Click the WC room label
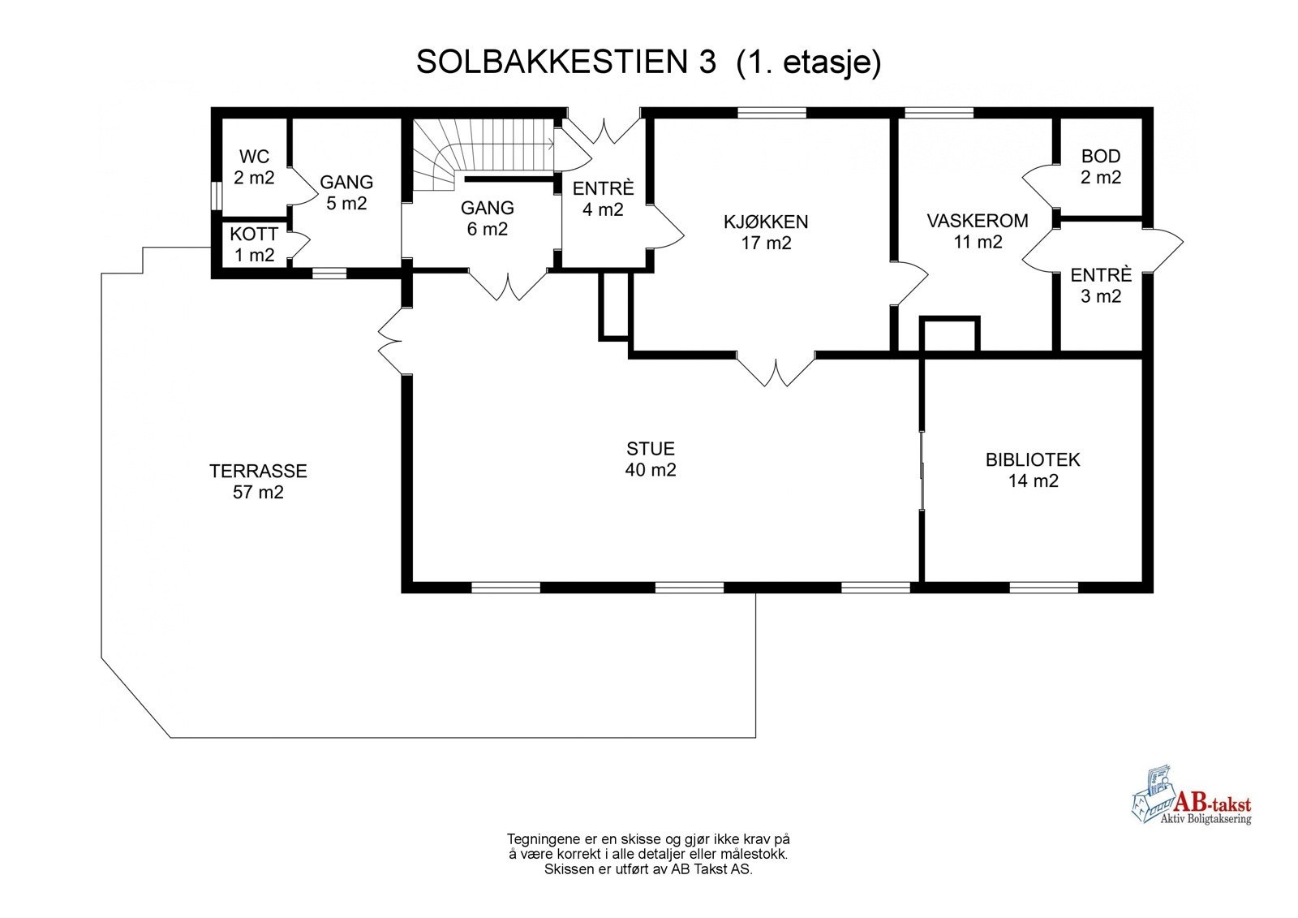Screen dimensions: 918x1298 [254, 166]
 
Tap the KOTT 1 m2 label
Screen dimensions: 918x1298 [254, 244]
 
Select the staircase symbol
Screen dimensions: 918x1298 [479, 154]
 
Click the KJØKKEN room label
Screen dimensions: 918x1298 [766, 231]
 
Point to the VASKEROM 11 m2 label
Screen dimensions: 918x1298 [978, 231]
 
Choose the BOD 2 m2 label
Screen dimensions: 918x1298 [1101, 166]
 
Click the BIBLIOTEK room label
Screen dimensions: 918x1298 [1033, 470]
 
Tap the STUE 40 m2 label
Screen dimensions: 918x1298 [651, 459]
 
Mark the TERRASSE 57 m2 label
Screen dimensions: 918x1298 [258, 481]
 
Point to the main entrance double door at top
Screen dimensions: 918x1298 [603, 130]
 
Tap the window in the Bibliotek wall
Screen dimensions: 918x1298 [1043, 587]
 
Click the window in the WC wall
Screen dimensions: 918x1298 [216, 196]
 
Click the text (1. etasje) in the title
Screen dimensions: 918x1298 [808, 62]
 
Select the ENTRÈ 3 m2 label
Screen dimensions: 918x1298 [1101, 285]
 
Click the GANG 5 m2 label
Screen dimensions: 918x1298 [346, 192]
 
